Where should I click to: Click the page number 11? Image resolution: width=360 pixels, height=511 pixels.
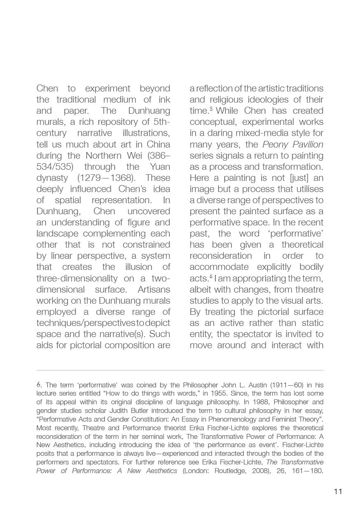point(338,491)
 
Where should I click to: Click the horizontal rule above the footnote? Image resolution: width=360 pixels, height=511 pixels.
point(180,370)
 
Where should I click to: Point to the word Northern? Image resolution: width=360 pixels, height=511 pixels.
point(103,156)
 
